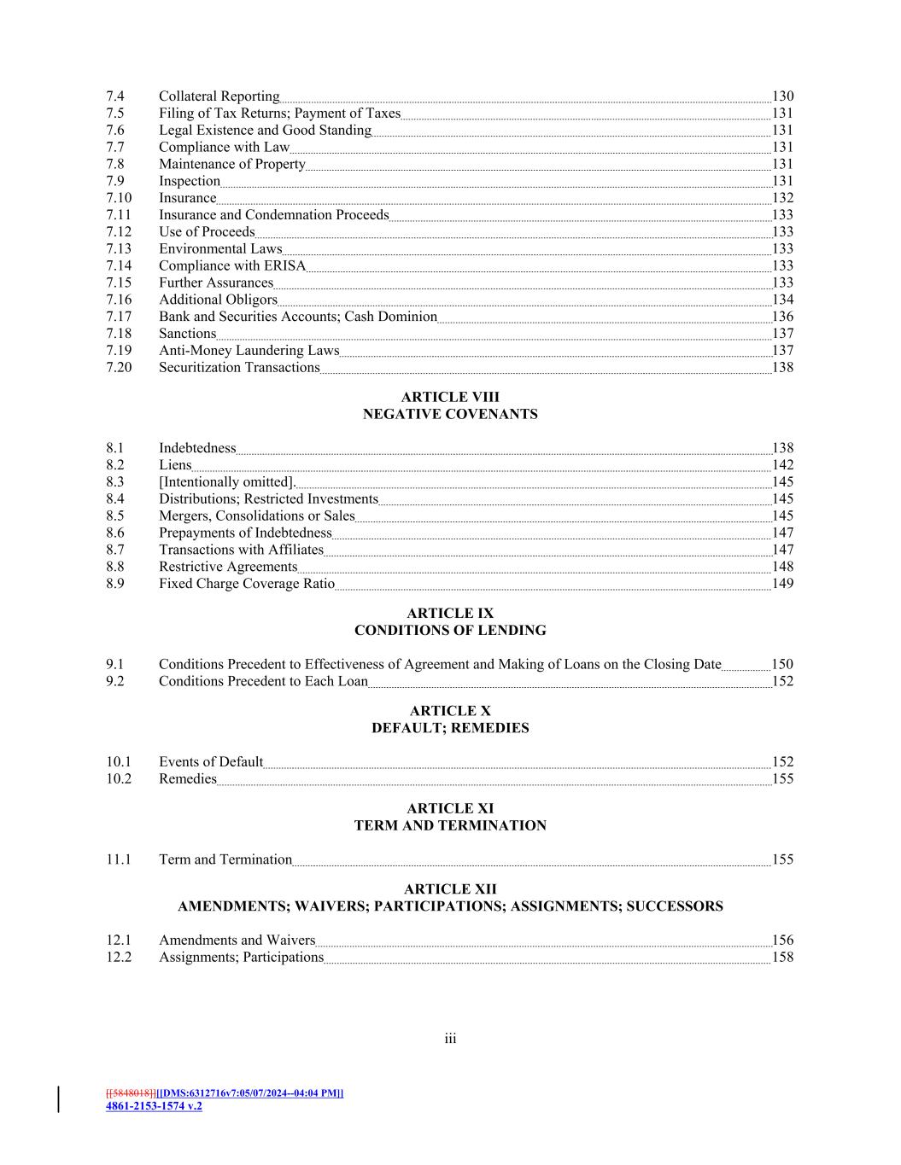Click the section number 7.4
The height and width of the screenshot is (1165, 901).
pos(115,96)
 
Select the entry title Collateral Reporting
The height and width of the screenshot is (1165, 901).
pos(219,96)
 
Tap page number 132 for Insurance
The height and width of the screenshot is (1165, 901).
pos(782,198)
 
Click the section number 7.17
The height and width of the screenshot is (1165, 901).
pos(119,317)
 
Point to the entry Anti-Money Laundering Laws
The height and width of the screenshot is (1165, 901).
pos(249,351)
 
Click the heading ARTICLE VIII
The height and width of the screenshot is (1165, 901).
pos(450,397)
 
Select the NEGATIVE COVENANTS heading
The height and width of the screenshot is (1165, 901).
pos(450,414)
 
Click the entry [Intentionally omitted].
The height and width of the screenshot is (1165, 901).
pos(226,482)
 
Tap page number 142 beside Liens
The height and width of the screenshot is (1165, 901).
pos(782,465)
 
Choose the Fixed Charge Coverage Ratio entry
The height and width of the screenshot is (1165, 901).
pos(247,584)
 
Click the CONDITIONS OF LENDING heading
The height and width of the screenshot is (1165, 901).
pos(450,631)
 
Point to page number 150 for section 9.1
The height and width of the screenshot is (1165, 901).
pos(782,665)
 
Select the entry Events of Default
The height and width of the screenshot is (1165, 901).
pos(211,762)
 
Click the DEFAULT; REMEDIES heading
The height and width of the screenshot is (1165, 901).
pos(450,728)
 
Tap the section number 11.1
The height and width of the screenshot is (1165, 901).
pos(119,859)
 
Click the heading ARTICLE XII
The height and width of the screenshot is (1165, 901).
pos(450,889)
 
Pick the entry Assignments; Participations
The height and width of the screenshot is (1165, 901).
pos(241,958)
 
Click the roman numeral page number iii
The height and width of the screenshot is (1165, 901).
pos(450,1039)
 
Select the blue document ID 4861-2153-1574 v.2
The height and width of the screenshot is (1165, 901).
pos(154,1106)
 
